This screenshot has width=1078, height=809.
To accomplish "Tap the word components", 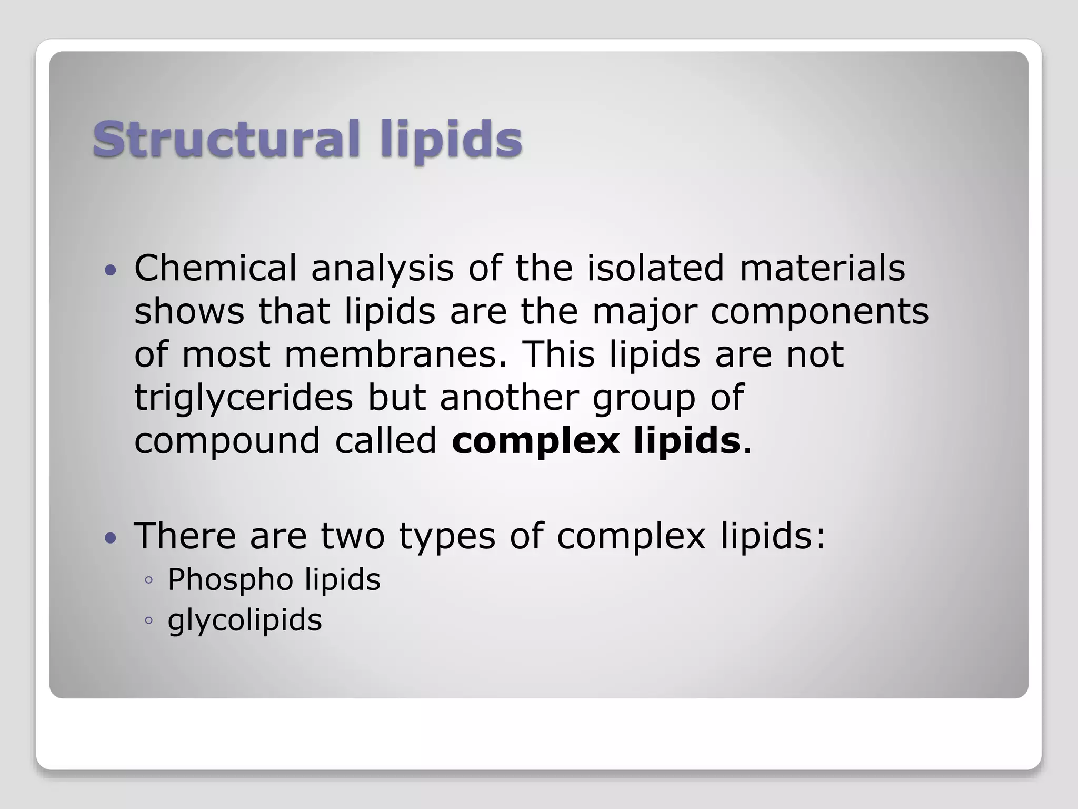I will (820, 312).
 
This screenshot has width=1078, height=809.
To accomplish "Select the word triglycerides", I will (243, 398).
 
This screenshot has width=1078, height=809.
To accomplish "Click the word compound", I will (227, 441).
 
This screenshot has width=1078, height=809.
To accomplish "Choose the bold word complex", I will (535, 441).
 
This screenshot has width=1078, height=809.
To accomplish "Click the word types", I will (447, 537).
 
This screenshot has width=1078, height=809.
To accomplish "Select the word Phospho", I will (230, 580).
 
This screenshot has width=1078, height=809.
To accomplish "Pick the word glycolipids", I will (244, 620).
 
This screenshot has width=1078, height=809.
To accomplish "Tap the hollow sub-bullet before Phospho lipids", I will (148, 580).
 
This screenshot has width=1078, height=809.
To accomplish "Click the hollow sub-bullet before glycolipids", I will (148, 620).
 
